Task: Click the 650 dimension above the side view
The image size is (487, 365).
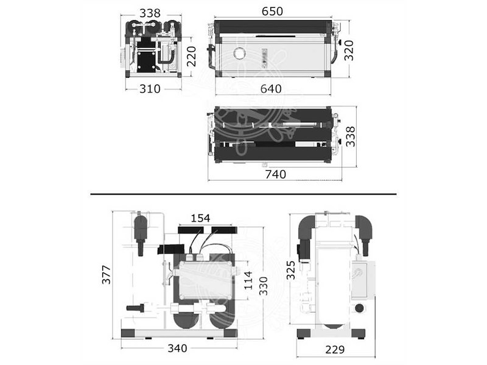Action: (x=272, y=12)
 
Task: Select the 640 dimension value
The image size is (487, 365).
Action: (x=271, y=89)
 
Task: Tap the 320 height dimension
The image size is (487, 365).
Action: (x=349, y=50)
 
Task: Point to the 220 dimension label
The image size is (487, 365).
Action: (x=192, y=57)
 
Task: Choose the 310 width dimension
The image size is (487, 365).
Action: (x=150, y=89)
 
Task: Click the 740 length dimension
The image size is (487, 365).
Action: (x=276, y=175)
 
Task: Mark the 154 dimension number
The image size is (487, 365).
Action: (x=200, y=218)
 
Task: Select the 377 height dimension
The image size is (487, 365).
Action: (x=106, y=275)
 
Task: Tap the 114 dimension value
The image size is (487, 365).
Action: (x=248, y=280)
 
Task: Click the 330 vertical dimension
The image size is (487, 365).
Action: (x=264, y=286)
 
